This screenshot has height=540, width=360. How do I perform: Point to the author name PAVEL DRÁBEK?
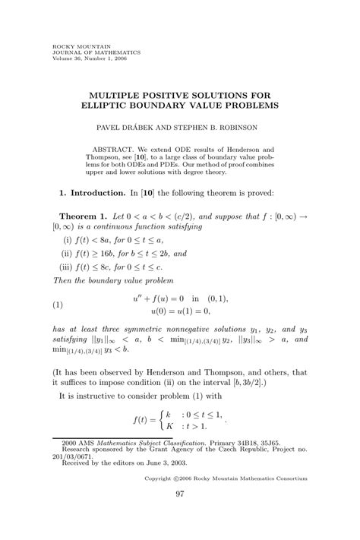click(x=127, y=124)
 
